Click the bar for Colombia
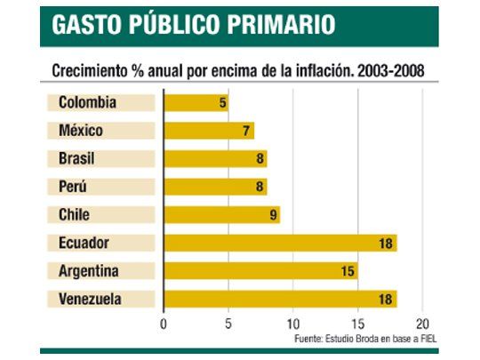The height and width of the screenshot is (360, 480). click(196, 103)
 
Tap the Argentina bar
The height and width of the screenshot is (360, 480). click(260, 271)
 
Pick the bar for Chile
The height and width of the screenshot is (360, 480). click(221, 215)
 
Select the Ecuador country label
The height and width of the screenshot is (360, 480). click(84, 243)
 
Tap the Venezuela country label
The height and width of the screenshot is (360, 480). click(90, 299)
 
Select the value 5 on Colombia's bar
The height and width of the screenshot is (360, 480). click(222, 103)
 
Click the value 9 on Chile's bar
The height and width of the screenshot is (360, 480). click(273, 215)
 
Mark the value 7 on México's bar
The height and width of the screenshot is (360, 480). click(247, 132)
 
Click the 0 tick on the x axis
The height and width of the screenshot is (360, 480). click(164, 324)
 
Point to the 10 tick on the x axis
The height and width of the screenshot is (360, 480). click(293, 324)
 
